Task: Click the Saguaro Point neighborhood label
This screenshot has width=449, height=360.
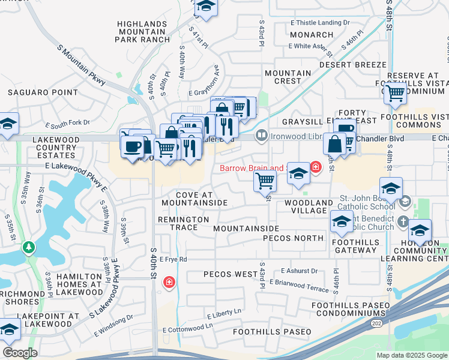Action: pyautogui.click(x=43, y=92)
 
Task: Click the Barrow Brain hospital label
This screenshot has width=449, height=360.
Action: pyautogui.click(x=250, y=168)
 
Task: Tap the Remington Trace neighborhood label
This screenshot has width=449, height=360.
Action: pyautogui.click(x=183, y=223)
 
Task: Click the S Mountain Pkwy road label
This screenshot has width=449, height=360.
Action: pyautogui.click(x=82, y=63)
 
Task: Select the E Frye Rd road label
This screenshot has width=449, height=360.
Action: pyautogui.click(x=173, y=259)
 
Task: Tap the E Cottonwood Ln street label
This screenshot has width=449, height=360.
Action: pyautogui.click(x=188, y=326)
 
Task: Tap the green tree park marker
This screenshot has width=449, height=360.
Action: pyautogui.click(x=28, y=247)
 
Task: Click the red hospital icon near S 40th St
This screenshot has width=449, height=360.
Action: pyautogui.click(x=169, y=282)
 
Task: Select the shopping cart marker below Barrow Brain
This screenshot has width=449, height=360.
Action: pyautogui.click(x=265, y=181)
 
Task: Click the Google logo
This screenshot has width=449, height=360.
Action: pyautogui.click(x=20, y=353)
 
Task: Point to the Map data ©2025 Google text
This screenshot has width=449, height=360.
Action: pyautogui.click(x=411, y=355)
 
